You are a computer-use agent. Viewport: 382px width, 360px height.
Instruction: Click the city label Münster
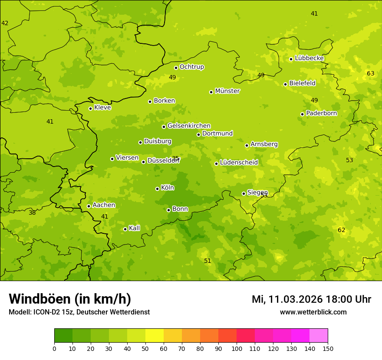click(x=227, y=91)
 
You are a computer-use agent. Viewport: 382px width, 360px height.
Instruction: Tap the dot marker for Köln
click(x=157, y=189)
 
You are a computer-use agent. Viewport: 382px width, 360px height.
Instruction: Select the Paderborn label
click(x=321, y=113)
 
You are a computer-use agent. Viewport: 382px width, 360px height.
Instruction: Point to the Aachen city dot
click(x=89, y=206)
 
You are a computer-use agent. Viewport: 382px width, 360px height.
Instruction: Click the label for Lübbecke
click(x=309, y=58)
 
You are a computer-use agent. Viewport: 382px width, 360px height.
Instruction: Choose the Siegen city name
click(x=257, y=193)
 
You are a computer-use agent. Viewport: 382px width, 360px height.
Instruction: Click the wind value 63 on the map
click(x=370, y=73)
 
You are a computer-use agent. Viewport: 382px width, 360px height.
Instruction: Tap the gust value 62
click(x=341, y=230)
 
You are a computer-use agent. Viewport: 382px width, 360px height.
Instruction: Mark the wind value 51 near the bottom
click(x=207, y=261)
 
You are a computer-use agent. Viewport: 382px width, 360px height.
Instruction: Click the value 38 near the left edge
click(x=32, y=213)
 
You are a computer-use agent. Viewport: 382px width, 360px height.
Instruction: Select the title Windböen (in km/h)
click(x=70, y=299)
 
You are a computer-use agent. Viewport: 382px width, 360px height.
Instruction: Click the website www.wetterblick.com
click(x=313, y=312)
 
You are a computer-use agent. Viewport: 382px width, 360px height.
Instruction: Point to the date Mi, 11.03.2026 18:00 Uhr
click(x=311, y=299)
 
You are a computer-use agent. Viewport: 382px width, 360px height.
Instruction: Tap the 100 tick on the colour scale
click(x=237, y=348)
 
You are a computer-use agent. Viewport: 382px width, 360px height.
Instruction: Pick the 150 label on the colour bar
click(x=328, y=348)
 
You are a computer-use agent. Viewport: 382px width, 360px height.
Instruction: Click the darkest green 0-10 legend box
click(x=63, y=335)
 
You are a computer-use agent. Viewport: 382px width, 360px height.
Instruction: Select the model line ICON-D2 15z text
click(x=79, y=312)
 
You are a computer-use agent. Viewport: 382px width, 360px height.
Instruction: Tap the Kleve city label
click(x=102, y=107)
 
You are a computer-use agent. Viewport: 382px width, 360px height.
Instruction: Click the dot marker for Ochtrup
click(x=176, y=68)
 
